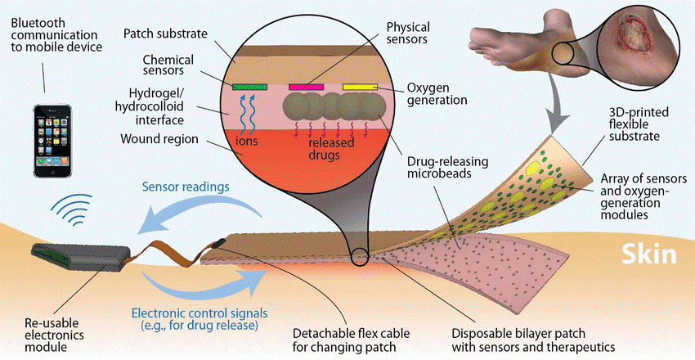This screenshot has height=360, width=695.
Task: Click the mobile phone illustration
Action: click(53, 141)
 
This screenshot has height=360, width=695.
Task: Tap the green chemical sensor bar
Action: click(249, 87)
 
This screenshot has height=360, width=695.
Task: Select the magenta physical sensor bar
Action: click(307, 87)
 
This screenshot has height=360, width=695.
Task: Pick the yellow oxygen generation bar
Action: click(360, 87)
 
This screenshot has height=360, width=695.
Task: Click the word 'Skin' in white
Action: click(648, 254)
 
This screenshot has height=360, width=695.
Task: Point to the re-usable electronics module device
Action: click(81, 256)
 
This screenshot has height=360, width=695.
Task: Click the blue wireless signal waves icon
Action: click(72, 209)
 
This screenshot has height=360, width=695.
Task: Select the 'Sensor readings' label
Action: click(186, 187)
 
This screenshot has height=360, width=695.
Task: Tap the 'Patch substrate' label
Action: click(165, 34)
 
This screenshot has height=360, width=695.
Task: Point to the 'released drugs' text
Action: click(325, 149)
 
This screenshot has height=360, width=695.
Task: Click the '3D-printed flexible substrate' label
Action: click(634, 124)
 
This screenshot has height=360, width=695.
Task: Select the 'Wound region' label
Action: click(159, 139)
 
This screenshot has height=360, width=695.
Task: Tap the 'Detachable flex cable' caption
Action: click(351, 340)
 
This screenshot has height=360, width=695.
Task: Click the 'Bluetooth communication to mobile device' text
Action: click(56, 34)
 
